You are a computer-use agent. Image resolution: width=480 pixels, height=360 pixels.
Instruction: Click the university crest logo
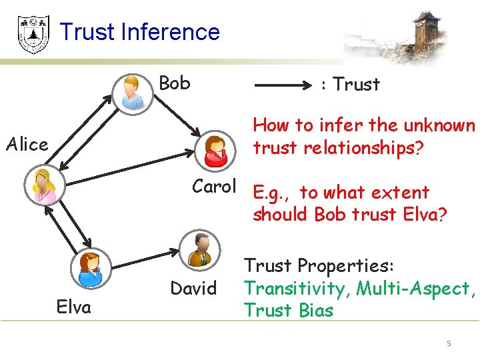[33, 34]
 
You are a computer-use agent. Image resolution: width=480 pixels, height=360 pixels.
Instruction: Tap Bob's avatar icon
[132, 92]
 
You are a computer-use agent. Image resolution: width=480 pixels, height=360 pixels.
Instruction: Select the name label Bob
[175, 83]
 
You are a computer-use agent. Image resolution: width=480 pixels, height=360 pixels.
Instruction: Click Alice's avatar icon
[44, 185]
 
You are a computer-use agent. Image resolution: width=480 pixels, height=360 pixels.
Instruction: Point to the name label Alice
[27, 145]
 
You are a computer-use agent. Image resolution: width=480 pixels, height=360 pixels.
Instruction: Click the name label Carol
[215, 187]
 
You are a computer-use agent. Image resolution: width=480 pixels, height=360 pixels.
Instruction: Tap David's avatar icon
[198, 249]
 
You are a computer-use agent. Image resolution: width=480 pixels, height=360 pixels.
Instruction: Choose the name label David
[193, 289]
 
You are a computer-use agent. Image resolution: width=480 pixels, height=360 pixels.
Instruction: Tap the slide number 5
[449, 343]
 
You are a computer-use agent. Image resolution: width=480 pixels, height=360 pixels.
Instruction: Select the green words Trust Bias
[288, 310]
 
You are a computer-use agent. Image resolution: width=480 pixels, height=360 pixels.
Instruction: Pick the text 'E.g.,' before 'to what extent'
[272, 193]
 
